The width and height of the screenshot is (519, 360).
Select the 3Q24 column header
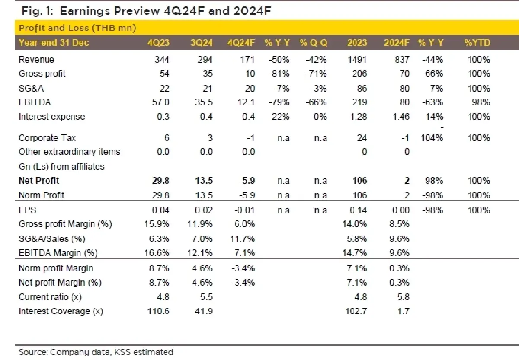click(202, 42)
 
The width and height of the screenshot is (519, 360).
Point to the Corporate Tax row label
click(48, 138)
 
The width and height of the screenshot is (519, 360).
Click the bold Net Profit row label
click(39, 181)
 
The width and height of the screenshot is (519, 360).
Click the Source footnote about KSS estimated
click(96, 352)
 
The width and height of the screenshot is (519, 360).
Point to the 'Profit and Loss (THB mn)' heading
click(77, 29)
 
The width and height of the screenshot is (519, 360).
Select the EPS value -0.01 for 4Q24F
click(245, 210)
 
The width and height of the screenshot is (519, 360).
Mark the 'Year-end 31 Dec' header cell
click(54, 42)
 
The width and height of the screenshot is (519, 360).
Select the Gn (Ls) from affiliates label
click(61, 166)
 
